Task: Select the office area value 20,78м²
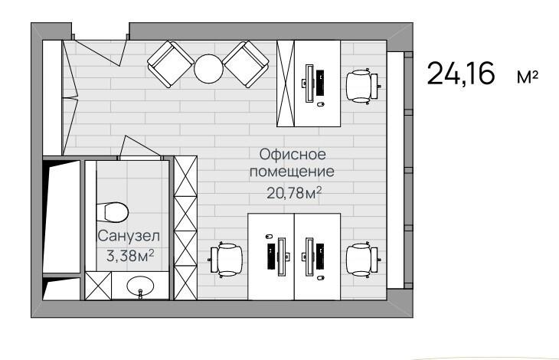293,191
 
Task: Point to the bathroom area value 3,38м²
129,256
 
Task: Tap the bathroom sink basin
139,288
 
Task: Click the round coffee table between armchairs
208,68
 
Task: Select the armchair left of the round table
169,64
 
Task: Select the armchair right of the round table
246,64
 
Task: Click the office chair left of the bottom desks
226,258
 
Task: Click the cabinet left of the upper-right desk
285,83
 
